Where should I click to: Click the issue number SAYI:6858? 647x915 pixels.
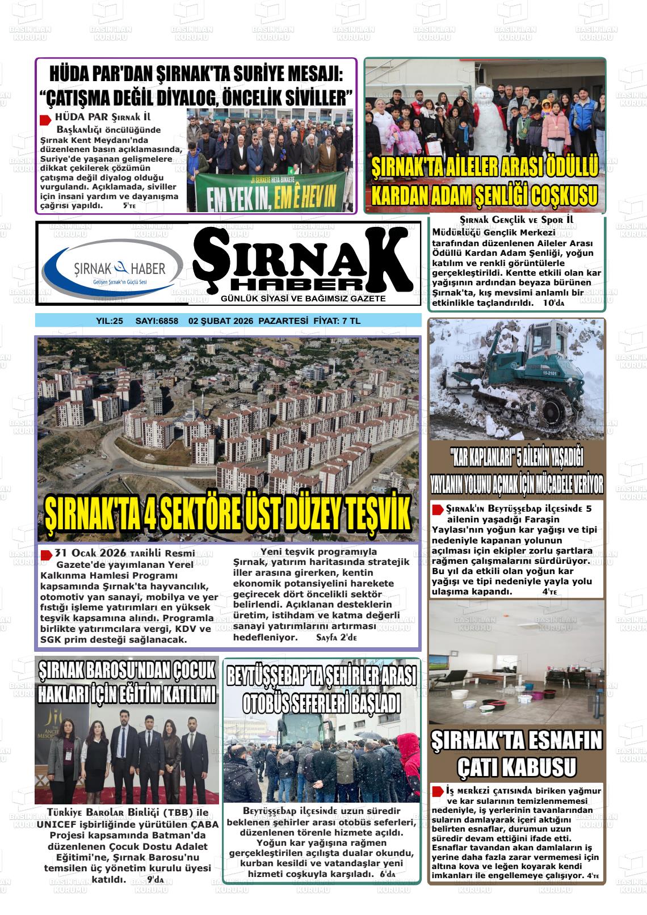(157, 321)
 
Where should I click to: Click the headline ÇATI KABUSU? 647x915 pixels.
(516, 768)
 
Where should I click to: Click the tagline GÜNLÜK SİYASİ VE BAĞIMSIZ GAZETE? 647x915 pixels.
(304, 298)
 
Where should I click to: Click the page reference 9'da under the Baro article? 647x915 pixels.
(155, 880)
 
